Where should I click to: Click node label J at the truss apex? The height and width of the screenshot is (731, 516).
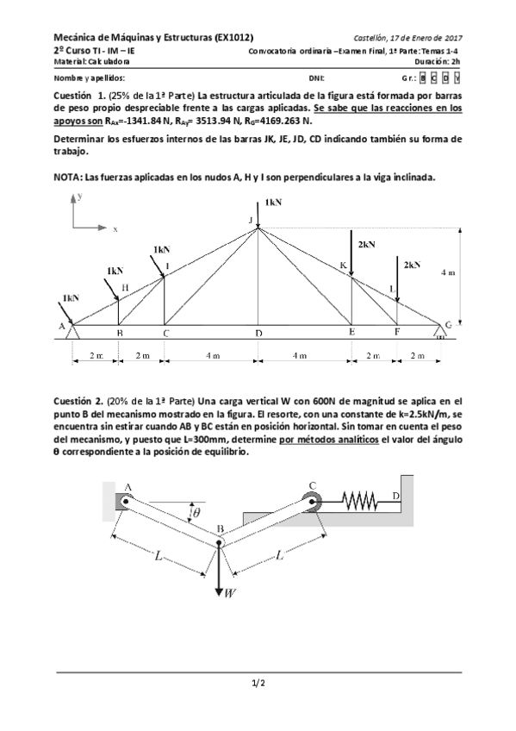click(252, 221)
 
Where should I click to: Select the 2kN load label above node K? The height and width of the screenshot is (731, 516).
click(366, 244)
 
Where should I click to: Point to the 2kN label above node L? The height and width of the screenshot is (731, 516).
click(412, 264)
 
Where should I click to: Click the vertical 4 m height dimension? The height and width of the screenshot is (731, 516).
click(448, 272)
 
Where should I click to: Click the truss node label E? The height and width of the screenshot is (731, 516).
click(351, 332)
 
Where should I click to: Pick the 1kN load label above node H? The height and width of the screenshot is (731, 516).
click(115, 270)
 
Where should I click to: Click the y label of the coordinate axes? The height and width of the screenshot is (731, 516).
click(79, 197)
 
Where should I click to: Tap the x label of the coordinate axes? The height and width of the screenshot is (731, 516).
click(115, 229)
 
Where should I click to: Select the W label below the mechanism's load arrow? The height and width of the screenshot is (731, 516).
click(230, 593)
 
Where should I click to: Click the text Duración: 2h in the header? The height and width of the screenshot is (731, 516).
click(438, 62)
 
